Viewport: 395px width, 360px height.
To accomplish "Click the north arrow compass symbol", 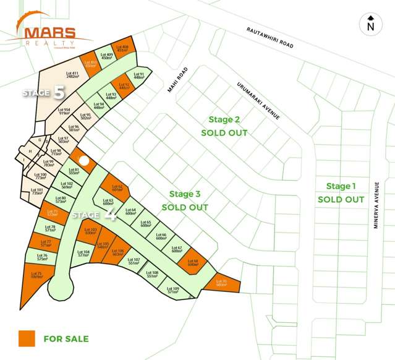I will (370, 24).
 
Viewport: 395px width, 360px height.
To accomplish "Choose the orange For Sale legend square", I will (26, 338).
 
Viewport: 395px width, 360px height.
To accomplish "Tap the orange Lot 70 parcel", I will (221, 283).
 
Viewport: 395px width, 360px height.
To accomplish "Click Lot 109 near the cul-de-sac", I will (173, 289).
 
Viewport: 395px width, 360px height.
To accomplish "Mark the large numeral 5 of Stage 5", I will (59, 93).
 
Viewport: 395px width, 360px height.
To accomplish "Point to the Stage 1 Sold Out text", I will (341, 192).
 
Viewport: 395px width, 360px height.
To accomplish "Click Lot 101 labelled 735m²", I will (37, 191).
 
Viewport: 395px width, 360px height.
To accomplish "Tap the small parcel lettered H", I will (30, 151).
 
